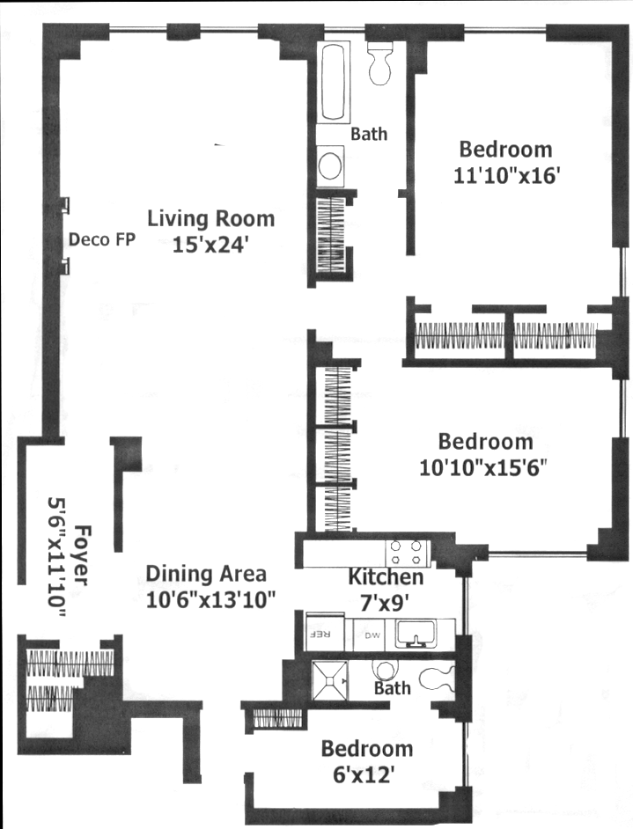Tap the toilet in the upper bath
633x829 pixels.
pyautogui.click(x=380, y=63)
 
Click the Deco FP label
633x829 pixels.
pyautogui.click(x=102, y=239)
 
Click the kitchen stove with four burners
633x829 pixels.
pyautogui.click(x=406, y=553)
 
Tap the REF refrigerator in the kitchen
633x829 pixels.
pyautogui.click(x=325, y=634)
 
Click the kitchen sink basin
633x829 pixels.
pyautogui.click(x=416, y=633)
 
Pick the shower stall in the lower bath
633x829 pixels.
pyautogui.click(x=330, y=680)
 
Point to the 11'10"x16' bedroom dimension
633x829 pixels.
pyautogui.click(x=506, y=175)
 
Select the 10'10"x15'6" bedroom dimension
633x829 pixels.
pyautogui.click(x=482, y=467)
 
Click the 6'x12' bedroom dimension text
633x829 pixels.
pyautogui.click(x=364, y=775)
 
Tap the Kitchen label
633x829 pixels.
pyautogui.click(x=386, y=576)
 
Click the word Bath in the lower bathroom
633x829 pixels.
pyautogui.click(x=392, y=688)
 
